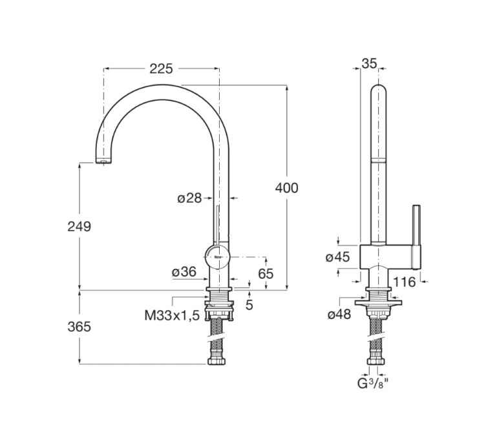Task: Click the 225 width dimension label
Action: pos(161,69)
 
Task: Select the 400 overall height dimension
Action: pos(286,188)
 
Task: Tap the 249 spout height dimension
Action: pos(79,226)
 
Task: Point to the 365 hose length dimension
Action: pos(79,327)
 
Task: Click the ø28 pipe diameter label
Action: pos(189,198)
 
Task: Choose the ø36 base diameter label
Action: pos(184,273)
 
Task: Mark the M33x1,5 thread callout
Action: pos(171,316)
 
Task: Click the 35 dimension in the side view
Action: pos(369,63)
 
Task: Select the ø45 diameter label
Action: pos(337,257)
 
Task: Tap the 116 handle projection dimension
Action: pos(404,282)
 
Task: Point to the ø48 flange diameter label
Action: pos(339,315)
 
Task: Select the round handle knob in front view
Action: pos(218,256)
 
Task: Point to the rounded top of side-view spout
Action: pos(379,89)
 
